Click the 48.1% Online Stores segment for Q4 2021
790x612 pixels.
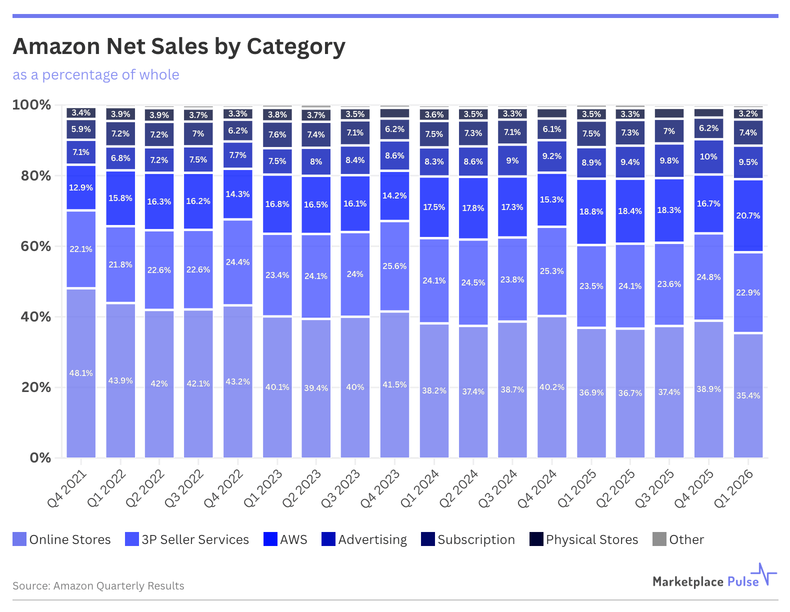click(81, 373)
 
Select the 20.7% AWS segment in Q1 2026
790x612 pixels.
click(748, 215)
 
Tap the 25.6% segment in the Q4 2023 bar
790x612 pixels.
click(394, 266)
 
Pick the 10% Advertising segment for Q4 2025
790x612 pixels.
click(708, 157)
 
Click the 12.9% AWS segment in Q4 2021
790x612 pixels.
click(81, 187)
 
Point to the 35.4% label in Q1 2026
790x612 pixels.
click(748, 395)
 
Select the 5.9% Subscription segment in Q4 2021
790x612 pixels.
click(81, 129)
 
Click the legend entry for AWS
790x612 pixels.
click(285, 539)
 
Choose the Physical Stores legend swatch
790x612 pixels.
click(536, 539)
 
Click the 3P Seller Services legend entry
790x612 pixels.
click(187, 539)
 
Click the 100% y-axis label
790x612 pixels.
click(31, 105)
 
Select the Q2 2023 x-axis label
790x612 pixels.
click(302, 488)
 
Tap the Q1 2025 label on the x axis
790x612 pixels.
click(577, 488)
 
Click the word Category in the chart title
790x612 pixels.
click(295, 46)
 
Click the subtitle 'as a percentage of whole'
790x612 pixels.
click(96, 75)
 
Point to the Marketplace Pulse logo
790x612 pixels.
click(714, 579)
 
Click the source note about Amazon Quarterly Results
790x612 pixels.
click(98, 586)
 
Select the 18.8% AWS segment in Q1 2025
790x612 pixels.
click(591, 211)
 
